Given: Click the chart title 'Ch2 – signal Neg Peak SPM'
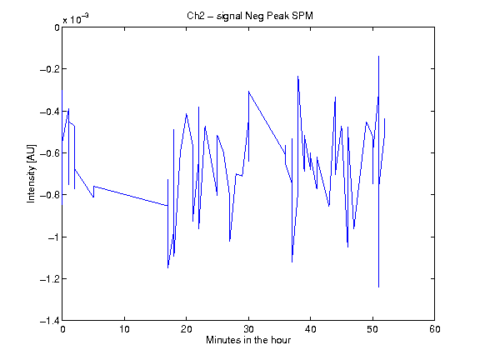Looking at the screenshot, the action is [250, 16].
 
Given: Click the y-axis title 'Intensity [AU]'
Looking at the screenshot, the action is [31, 173].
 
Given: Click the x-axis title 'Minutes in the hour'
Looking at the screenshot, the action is [248, 340].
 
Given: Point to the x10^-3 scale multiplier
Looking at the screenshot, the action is [76, 19].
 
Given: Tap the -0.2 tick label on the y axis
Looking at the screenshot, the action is [50, 69].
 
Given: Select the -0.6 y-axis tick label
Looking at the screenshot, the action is [50, 153].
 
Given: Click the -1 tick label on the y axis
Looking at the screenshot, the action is [53, 237].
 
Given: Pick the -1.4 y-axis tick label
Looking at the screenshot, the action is [50, 321].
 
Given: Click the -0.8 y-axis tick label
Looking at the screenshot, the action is [50, 195].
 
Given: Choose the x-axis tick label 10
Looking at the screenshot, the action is [125, 329].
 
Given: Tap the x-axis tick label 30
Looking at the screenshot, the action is [248, 329].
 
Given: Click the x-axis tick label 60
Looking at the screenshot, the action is [435, 329].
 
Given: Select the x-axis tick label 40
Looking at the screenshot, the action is [310, 329].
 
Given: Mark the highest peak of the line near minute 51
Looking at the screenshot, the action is [378, 57].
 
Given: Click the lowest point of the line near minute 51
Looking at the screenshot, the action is [378, 287].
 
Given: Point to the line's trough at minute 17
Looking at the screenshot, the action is [167, 268].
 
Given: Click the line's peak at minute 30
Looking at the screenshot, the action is [248, 91].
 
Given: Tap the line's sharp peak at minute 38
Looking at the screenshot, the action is [297, 76].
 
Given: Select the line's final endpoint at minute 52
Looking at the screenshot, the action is [385, 118].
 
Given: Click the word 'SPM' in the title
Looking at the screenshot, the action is [302, 16].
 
